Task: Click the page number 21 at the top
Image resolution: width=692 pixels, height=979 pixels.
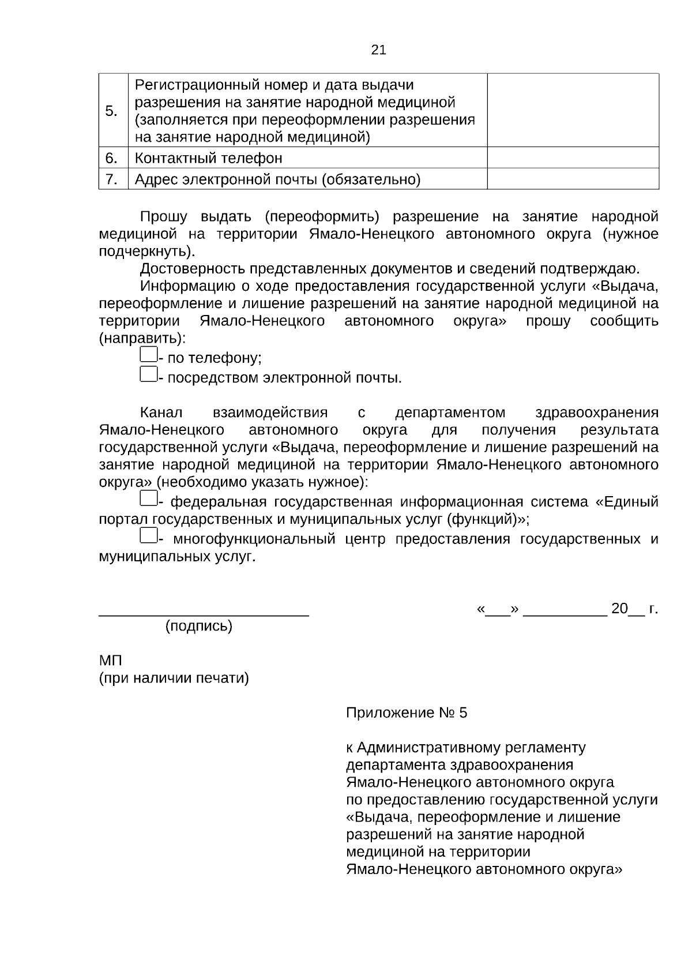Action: pos(378,50)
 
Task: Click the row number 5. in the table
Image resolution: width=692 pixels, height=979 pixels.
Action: pos(112,111)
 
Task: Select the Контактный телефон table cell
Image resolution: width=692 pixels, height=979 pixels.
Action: pos(209,158)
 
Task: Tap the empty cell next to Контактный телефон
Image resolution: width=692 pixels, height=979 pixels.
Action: pos(573,157)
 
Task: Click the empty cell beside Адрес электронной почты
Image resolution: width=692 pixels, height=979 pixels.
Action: pos(573,179)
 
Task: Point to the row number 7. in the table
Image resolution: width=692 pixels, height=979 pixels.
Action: pos(112,179)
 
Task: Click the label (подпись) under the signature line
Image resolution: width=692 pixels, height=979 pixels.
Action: pos(199,626)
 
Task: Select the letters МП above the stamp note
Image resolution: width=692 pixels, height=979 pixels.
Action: pos(110,661)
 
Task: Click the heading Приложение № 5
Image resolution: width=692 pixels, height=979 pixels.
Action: pos(407,713)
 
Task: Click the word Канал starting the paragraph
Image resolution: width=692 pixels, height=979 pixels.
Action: pos(161,413)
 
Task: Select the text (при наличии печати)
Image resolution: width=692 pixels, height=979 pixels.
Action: pos(174,678)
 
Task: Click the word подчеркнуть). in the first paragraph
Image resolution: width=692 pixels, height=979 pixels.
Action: pos(147,252)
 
